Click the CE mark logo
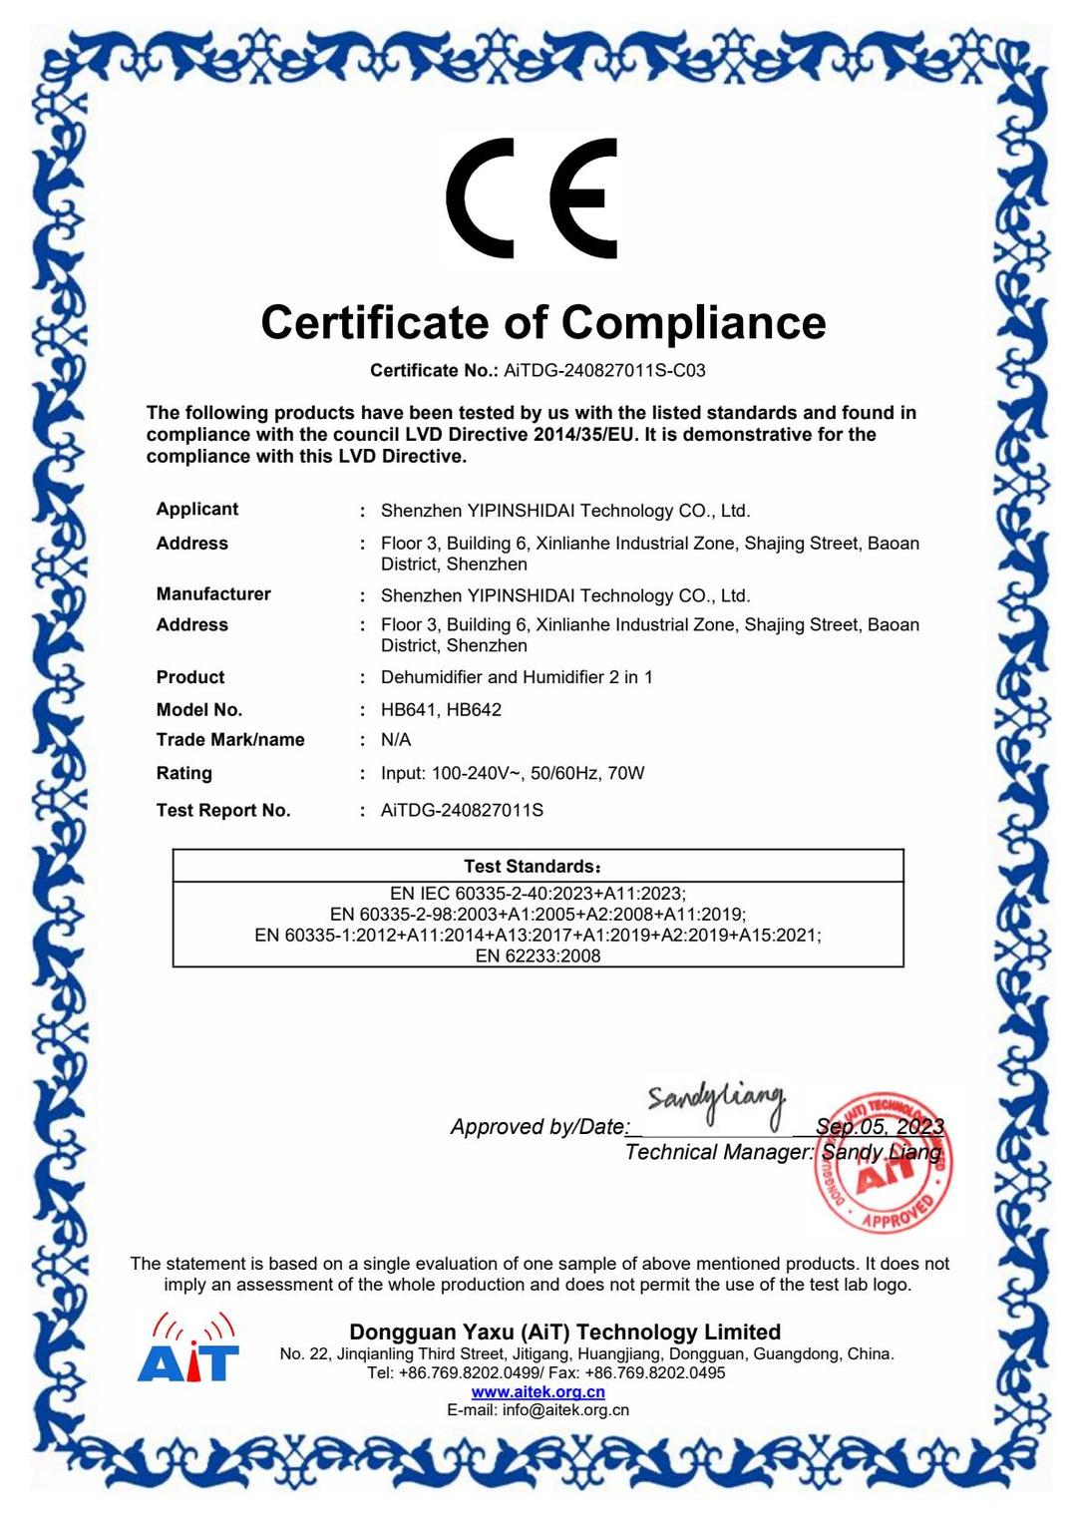(x=532, y=198)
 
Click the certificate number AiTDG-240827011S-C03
(x=604, y=371)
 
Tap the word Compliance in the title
(x=693, y=323)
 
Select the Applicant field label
(x=197, y=509)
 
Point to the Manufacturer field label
(x=213, y=593)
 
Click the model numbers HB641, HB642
(x=441, y=709)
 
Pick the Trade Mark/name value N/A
(x=396, y=739)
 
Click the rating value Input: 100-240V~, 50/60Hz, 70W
(x=513, y=773)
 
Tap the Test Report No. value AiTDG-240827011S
(x=462, y=810)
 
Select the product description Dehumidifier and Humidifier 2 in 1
(x=517, y=677)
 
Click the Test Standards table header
(x=533, y=866)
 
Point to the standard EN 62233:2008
(x=538, y=955)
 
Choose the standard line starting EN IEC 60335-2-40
(x=538, y=894)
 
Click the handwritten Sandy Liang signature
(x=715, y=1100)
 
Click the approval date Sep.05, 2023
(x=879, y=1126)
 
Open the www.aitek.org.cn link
(x=538, y=1391)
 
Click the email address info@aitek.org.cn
(x=565, y=1410)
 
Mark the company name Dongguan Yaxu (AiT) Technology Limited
(x=564, y=1332)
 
